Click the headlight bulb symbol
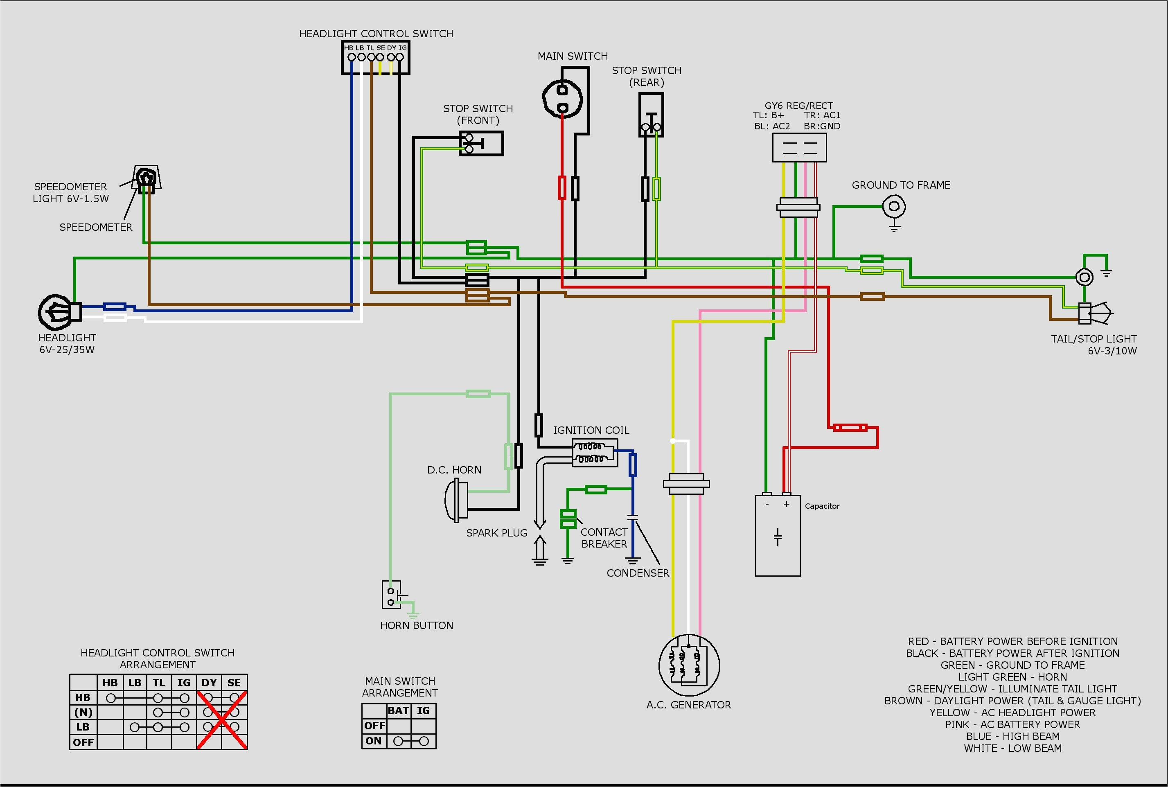56,311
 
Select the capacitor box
778,536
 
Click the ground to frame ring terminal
894,206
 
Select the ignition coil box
595,452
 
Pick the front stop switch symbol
481,144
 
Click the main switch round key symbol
563,98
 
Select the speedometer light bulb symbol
146,177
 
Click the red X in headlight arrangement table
221,720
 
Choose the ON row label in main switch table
373,741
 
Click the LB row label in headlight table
83,727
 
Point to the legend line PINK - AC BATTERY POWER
1012,724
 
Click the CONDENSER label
638,573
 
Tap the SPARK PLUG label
496,532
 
